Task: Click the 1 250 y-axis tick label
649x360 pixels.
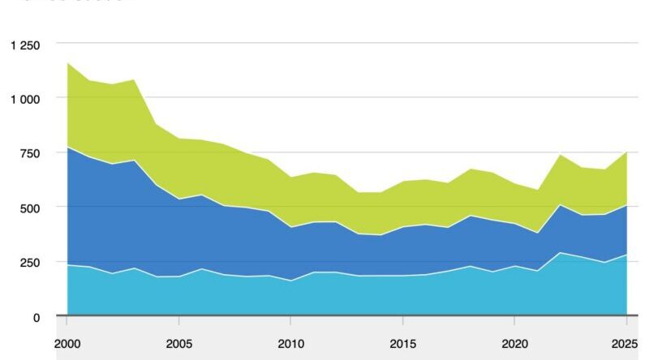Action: click(x=24, y=45)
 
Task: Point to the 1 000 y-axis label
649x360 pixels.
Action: click(x=24, y=99)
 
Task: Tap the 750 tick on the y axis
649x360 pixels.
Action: click(x=28, y=153)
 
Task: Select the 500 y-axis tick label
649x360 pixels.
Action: click(x=28, y=208)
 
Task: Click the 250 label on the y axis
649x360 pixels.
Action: click(x=28, y=263)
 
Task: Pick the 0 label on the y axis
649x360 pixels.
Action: click(x=36, y=318)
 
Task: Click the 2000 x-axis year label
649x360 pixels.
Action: click(x=67, y=342)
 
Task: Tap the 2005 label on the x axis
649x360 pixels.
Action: click(x=178, y=342)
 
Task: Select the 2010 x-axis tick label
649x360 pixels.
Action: click(x=290, y=342)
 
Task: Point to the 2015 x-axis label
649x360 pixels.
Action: click(x=402, y=342)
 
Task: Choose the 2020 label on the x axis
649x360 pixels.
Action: click(x=514, y=342)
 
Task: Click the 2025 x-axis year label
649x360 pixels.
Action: click(x=625, y=342)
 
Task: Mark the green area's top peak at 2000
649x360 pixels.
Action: click(x=67, y=62)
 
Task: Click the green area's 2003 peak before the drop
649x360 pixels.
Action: click(x=134, y=79)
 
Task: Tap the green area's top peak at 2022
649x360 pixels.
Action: click(x=559, y=154)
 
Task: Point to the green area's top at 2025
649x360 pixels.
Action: click(x=625, y=152)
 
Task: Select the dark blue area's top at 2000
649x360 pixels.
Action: click(x=67, y=147)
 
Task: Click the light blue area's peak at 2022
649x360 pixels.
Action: click(x=559, y=252)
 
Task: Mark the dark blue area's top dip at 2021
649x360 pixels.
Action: click(x=536, y=234)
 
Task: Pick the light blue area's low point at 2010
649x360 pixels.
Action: click(x=290, y=281)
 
